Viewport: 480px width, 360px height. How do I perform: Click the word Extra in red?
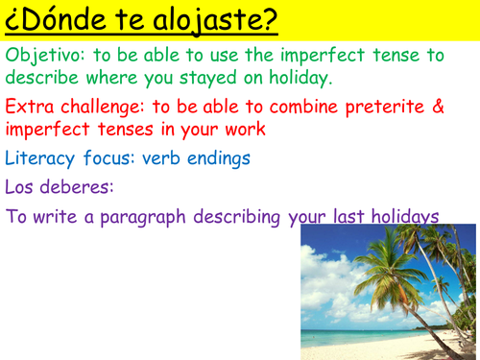click(30, 108)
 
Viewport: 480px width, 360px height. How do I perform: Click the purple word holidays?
click(401, 217)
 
